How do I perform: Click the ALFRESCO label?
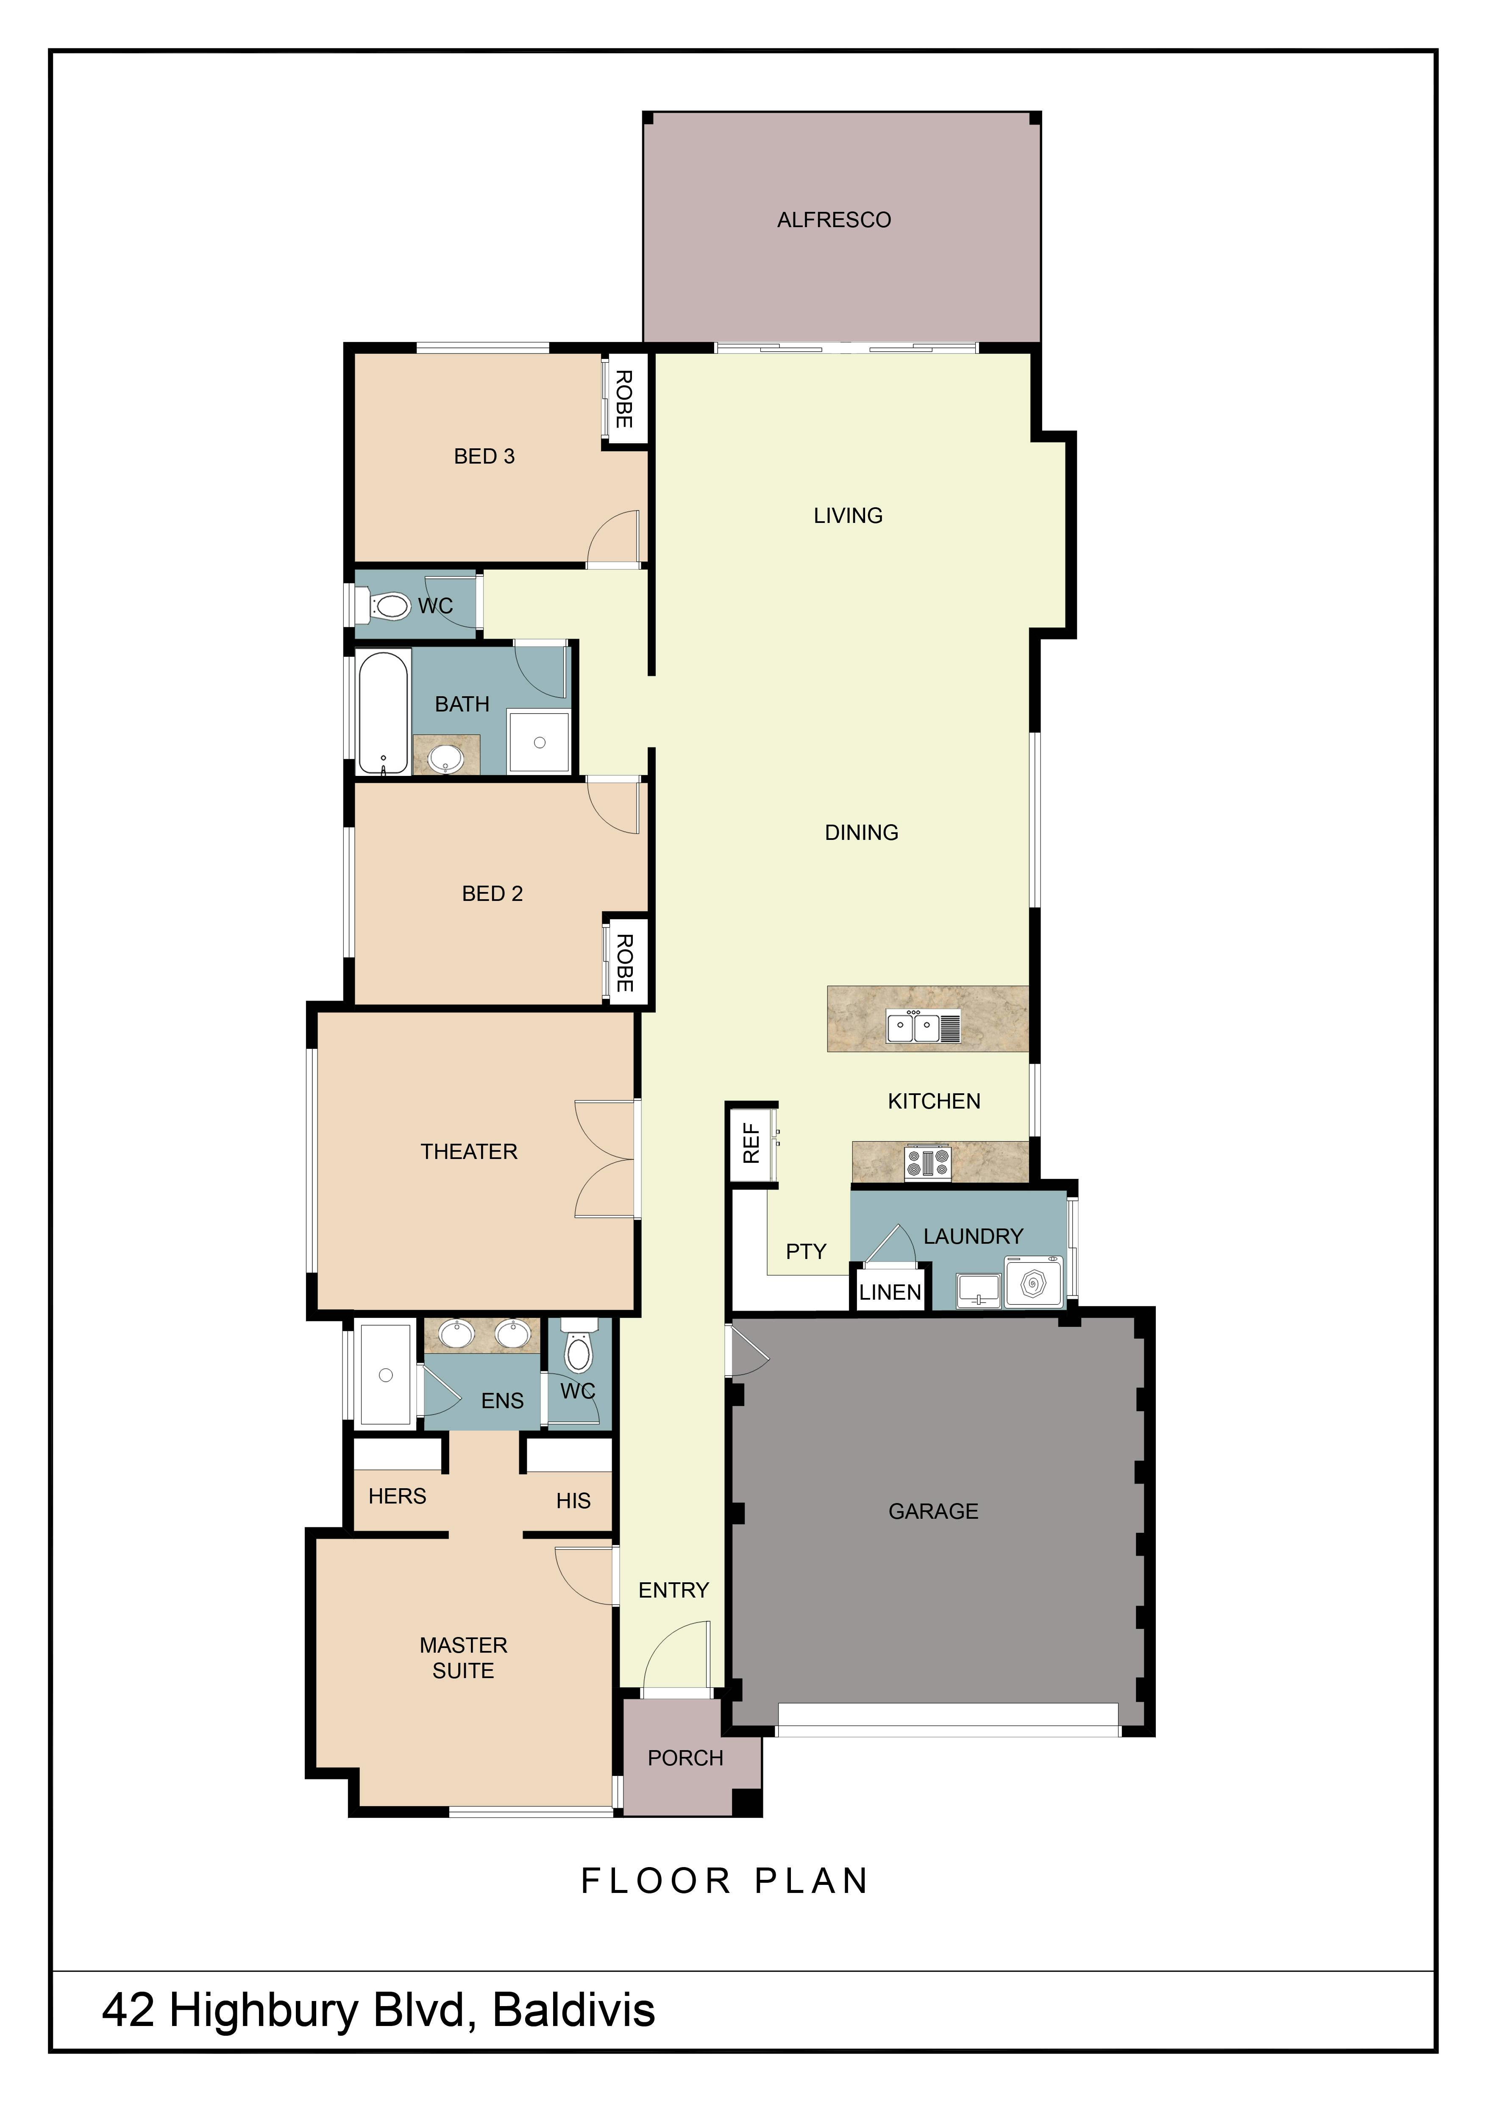834,220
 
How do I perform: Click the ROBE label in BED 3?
624,399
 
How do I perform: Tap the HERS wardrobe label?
397,1496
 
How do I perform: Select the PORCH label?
685,1758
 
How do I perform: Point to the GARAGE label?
933,1511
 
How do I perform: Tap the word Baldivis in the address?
574,2009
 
